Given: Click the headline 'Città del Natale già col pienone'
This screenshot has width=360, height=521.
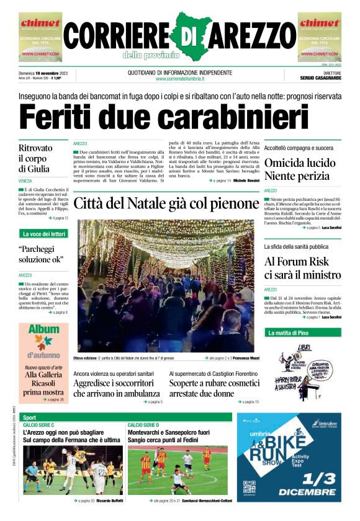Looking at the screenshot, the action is point(166,203).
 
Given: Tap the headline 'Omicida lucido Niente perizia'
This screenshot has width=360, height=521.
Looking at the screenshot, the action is point(305,169).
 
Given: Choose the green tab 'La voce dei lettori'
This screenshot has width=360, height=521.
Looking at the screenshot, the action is point(43,234).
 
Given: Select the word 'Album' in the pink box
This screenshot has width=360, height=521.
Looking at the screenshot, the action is point(43,330).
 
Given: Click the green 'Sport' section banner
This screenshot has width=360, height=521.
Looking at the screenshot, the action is point(30,417).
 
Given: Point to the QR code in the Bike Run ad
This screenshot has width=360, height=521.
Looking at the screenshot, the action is point(250,487).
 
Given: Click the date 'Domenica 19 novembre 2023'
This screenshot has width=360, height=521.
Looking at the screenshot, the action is point(47,73).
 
